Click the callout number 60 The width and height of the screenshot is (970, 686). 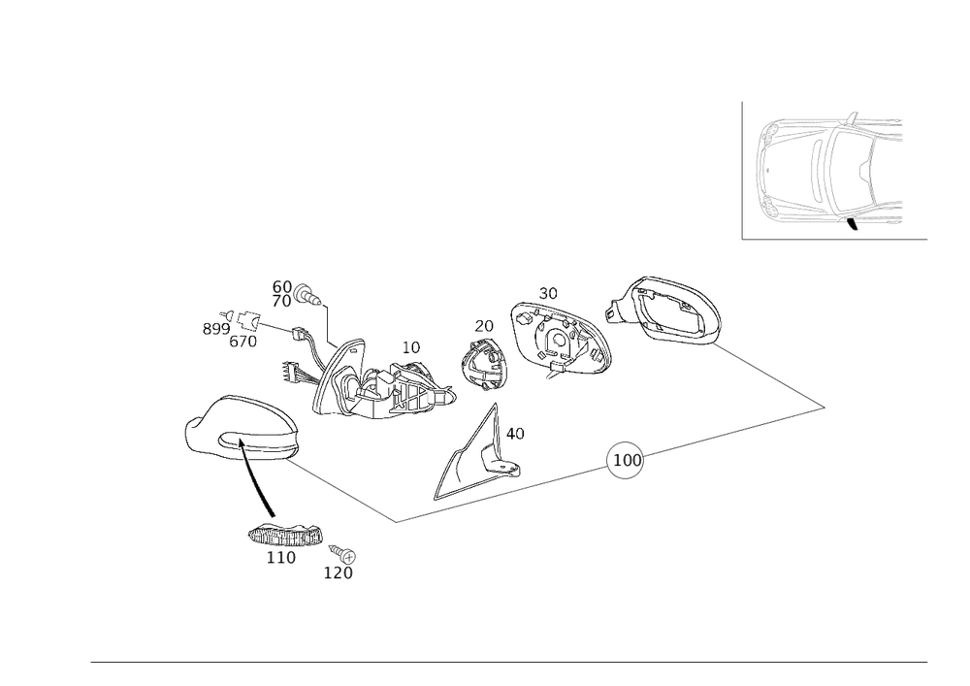coord(281,287)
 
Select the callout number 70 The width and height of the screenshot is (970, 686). coord(281,302)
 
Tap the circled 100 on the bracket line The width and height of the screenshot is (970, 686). coord(624,461)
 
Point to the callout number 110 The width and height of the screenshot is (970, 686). coord(280,558)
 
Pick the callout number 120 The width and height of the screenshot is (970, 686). coord(338,573)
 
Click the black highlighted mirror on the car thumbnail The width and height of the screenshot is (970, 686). coord(851,224)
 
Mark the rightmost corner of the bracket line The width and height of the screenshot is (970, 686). coord(826,408)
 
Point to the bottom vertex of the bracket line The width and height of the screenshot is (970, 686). coord(397,523)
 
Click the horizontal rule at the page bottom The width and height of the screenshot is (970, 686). coord(509,663)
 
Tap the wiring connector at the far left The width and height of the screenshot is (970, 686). coord(238,323)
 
